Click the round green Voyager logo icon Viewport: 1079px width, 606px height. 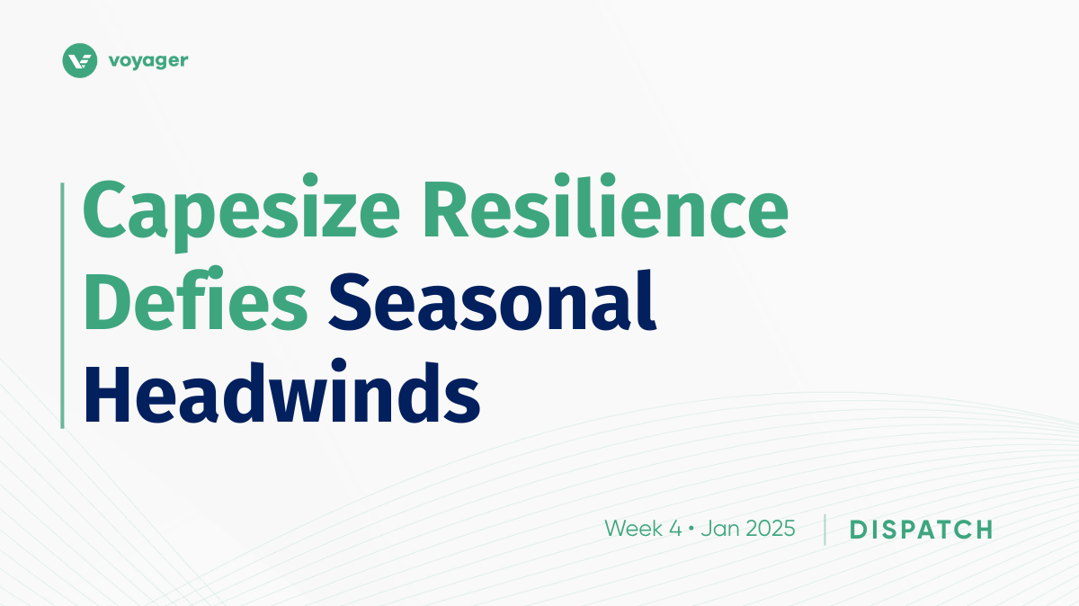79,61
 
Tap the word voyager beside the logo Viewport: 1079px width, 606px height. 148,62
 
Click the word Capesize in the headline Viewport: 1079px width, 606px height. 241,212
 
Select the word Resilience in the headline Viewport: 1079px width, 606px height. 605,206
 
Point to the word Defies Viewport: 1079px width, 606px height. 196,299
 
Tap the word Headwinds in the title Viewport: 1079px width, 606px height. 282,391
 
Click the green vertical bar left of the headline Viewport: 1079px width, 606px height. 62,306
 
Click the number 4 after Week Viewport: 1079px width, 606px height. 675,529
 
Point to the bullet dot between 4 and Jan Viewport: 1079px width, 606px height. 691,529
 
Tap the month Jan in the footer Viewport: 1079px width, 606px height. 717,529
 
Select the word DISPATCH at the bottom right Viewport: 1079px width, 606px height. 921,530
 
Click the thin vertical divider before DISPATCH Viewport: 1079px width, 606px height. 825,530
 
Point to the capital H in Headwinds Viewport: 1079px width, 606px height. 107,394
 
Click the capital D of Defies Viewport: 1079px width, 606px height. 107,301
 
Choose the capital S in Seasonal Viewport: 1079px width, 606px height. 349,301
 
